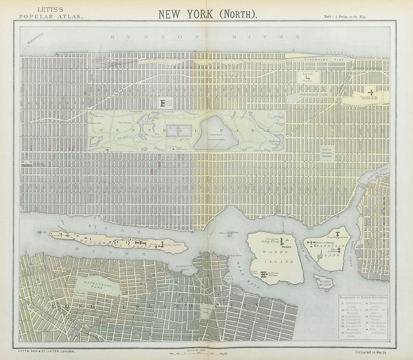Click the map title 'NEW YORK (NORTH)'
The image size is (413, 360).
[208, 14]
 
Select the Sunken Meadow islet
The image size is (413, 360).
[324, 283]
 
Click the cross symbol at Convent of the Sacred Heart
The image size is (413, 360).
[371, 92]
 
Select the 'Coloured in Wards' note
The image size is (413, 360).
[371, 352]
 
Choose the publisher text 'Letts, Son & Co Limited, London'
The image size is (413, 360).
[47, 351]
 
